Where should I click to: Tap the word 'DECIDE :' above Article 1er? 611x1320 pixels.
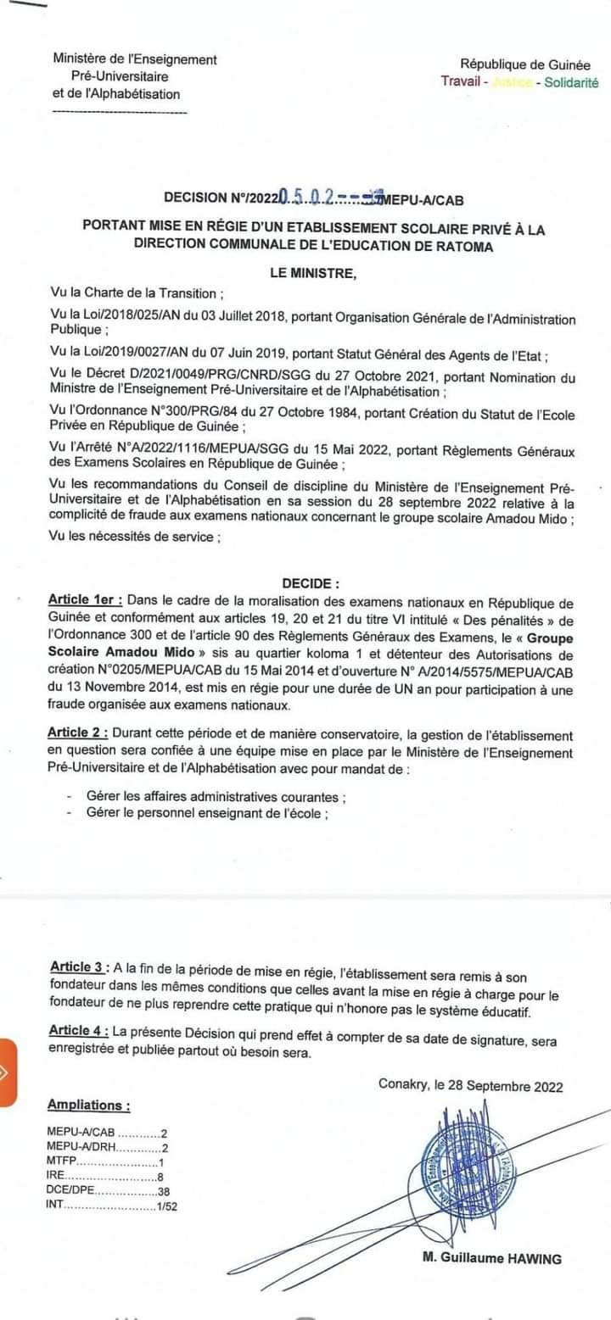(311, 583)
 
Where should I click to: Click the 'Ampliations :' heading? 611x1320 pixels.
(89, 1105)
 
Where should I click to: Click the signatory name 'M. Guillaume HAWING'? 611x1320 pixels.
(491, 1258)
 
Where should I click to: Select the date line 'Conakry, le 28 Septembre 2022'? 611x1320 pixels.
(470, 1085)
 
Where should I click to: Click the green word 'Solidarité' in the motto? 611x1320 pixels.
(571, 82)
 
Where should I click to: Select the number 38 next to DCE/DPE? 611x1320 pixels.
(165, 1191)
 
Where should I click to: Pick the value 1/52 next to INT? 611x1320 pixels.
(167, 1206)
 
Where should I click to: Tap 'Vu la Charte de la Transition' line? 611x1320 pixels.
(137, 293)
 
